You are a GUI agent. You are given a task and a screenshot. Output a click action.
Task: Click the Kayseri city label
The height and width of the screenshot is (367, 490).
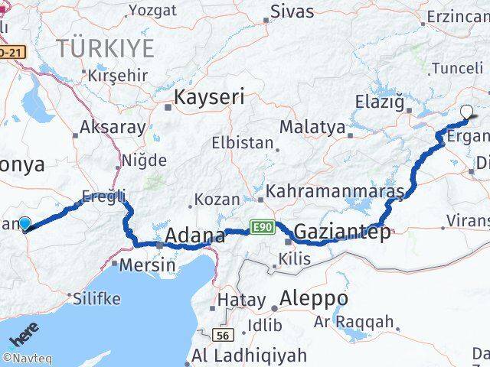point(209,97)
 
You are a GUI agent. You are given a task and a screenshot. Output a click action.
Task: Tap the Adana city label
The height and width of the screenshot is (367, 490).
point(195,235)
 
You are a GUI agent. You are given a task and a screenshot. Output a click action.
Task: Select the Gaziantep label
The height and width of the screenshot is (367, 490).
point(341,231)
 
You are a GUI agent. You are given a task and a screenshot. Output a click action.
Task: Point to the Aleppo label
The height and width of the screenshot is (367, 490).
point(314,297)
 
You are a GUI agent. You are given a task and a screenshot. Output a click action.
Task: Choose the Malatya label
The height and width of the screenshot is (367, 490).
point(312,127)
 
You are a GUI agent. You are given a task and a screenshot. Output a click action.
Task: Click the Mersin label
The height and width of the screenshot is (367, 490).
point(148,266)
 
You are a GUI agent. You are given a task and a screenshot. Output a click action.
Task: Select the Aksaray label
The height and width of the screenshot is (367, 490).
point(113,127)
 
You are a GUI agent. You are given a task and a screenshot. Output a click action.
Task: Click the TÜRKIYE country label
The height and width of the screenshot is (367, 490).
point(105,48)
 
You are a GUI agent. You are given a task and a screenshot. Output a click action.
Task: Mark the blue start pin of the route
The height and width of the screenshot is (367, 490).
point(24,222)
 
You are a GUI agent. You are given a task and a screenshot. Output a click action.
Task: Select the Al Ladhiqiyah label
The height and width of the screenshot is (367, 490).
point(249,356)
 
